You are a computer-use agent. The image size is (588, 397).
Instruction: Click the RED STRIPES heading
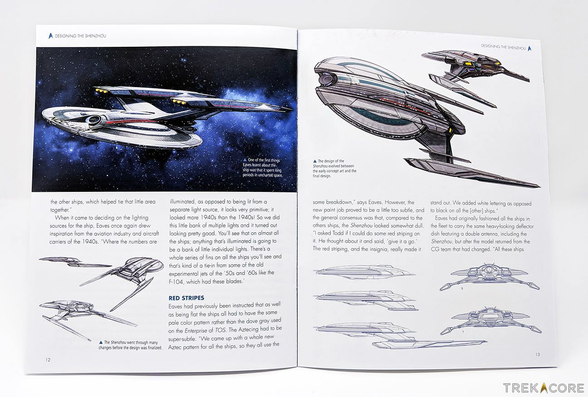186,298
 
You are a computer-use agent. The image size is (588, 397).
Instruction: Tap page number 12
48,360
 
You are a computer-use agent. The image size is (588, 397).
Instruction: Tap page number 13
537,354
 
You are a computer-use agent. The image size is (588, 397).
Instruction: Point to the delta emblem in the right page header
529,47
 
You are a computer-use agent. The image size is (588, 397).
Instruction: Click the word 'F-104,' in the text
178,282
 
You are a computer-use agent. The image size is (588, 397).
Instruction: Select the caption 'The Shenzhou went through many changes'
130,345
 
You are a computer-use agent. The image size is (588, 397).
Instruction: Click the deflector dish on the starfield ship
94,120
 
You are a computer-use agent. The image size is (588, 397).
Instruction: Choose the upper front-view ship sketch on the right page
489,278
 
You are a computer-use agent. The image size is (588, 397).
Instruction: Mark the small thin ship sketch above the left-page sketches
73,262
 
